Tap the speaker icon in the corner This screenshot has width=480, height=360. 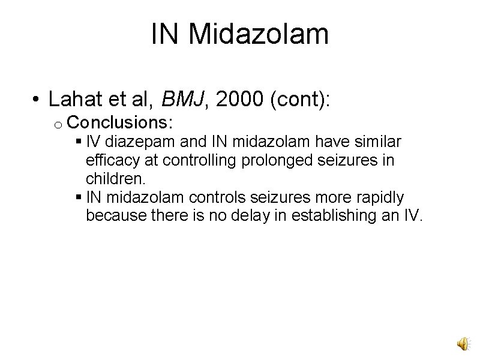pos(463,343)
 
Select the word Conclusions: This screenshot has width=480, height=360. pos(121,123)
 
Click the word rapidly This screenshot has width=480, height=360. pos(379,197)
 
